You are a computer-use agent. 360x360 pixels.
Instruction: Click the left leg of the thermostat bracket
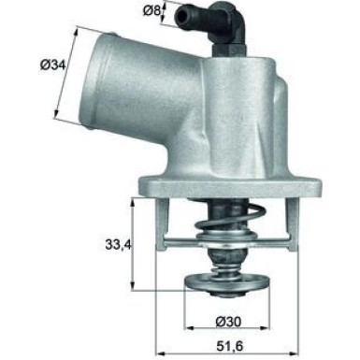click(x=161, y=224)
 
